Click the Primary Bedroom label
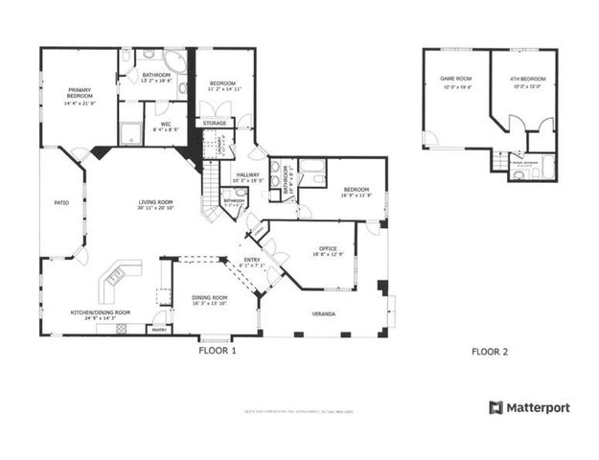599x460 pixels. coord(80,93)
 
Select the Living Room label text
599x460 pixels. coord(155,202)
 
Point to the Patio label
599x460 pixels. coord(61,203)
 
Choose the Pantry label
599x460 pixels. coord(159,330)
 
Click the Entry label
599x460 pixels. coord(252,260)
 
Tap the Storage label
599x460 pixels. coord(215,123)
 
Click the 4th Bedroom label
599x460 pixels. coord(527,80)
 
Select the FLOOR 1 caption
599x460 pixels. coord(217,351)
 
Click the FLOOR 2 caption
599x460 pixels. coord(490,352)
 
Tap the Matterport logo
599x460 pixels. coord(529,407)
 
